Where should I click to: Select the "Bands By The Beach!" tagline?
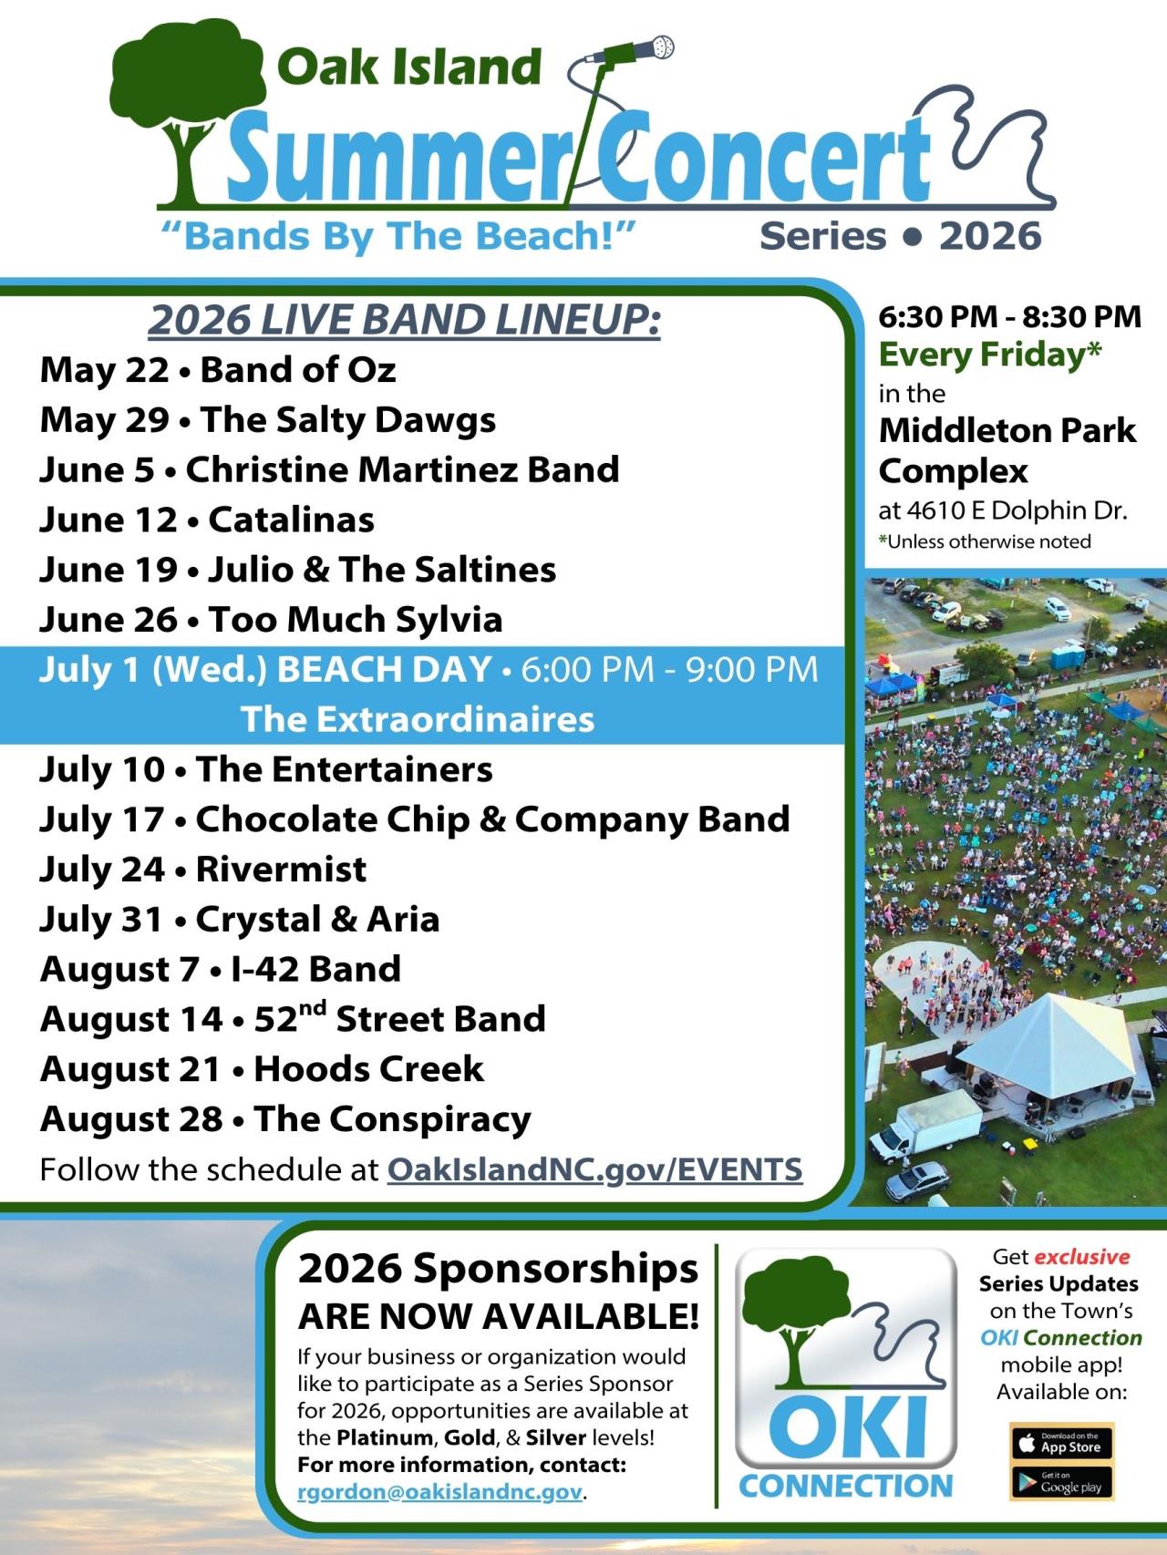[x=398, y=236]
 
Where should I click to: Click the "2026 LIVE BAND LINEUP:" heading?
[x=404, y=320]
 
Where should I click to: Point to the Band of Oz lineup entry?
[x=218, y=370]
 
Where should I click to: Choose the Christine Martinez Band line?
[x=329, y=469]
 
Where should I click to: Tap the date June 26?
[x=108, y=620]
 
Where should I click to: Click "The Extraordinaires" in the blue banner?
[x=418, y=719]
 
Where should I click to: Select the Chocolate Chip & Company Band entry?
[x=414, y=819]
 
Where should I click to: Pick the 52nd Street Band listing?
[x=293, y=1019]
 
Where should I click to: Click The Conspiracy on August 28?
[x=392, y=1119]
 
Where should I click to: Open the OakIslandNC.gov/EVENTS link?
[x=594, y=1169]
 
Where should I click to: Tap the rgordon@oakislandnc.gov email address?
[x=439, y=1492]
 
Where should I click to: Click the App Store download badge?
[x=1061, y=1442]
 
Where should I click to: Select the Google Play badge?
[x=1061, y=1482]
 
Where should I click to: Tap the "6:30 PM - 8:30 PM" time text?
[x=1009, y=316]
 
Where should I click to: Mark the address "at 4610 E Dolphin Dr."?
[x=1003, y=510]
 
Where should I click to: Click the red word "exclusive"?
[x=1082, y=1257]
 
